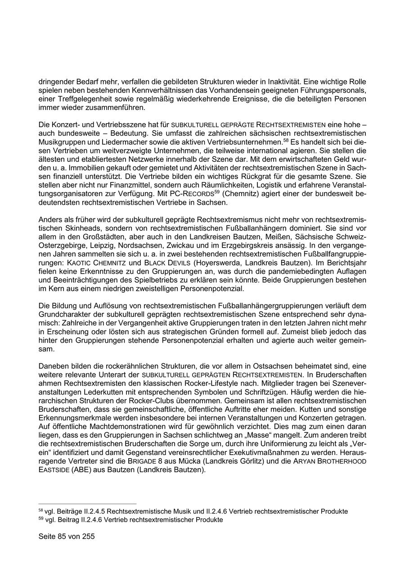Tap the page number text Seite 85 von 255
coord(67,537)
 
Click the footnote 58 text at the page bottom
coord(193,511)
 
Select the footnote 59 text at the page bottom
coord(131,519)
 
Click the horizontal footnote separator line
coord(87,504)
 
